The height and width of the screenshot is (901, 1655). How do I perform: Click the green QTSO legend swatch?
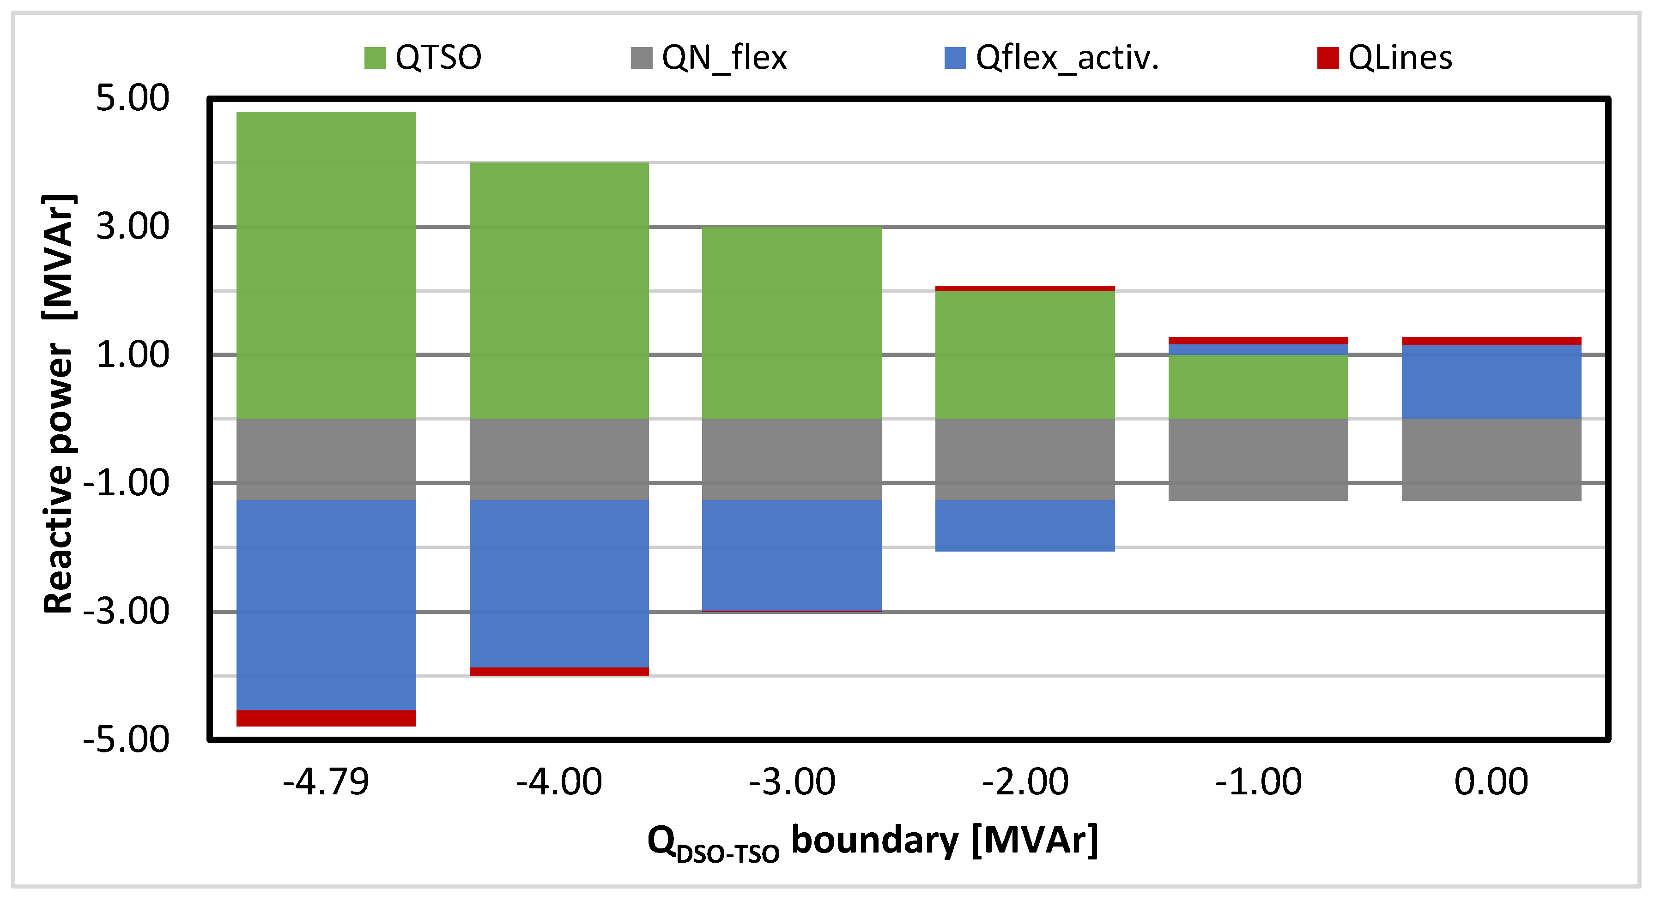click(x=375, y=58)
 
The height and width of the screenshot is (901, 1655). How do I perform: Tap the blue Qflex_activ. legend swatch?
click(x=955, y=58)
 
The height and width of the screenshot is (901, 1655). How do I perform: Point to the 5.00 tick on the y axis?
click(x=133, y=98)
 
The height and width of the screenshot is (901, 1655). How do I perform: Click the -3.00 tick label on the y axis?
click(x=126, y=611)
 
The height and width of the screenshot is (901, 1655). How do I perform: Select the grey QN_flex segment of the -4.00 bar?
click(x=559, y=459)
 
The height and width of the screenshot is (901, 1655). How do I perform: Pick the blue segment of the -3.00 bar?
click(x=792, y=555)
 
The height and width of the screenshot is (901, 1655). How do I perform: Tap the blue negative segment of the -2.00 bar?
click(x=1025, y=525)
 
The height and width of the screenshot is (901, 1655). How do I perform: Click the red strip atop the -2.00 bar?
click(x=1025, y=289)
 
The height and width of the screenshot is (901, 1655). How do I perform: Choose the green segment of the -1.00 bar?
click(x=1257, y=387)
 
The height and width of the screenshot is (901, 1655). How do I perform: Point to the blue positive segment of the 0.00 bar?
click(x=1491, y=382)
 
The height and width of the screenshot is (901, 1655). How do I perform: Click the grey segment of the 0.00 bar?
click(x=1491, y=459)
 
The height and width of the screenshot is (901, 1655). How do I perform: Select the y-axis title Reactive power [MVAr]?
click(x=59, y=405)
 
